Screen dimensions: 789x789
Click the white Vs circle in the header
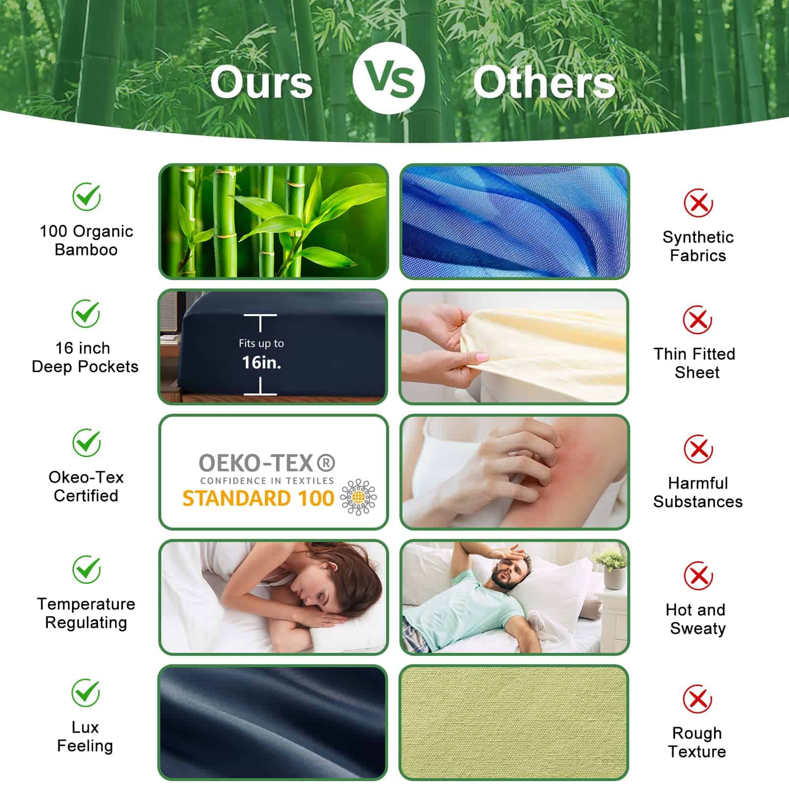coord(389,78)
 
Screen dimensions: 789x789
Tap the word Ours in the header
coord(261,82)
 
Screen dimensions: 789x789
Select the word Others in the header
coord(544,82)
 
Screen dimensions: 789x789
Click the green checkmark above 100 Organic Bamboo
coord(87,196)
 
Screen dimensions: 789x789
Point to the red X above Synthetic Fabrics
coord(698,202)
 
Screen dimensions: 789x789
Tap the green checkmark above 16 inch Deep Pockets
coord(86,313)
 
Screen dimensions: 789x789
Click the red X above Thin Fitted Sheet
coord(697,320)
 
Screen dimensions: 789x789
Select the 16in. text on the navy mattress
coord(261,363)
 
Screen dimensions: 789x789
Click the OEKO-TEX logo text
coord(267,463)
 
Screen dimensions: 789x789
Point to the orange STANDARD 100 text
coord(258,499)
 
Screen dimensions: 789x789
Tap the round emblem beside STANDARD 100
coord(359,497)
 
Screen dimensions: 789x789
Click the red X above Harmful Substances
coord(698,449)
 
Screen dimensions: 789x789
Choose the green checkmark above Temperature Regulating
coord(87,570)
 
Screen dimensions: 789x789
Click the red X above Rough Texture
coord(697,699)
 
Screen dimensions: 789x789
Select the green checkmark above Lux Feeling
coord(86,693)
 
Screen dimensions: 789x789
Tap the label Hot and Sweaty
coord(697,619)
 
